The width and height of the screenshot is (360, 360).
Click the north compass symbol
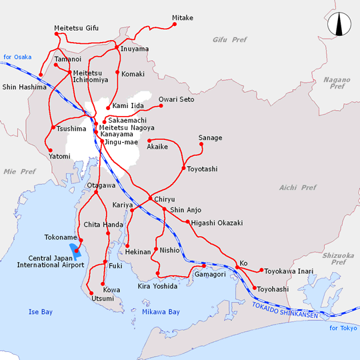(x=340, y=26)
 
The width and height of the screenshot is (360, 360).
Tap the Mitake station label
(x=183, y=17)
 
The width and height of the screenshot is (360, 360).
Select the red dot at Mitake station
(x=175, y=25)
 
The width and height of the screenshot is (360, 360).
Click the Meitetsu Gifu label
(x=76, y=29)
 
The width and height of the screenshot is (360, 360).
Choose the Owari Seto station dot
(x=161, y=106)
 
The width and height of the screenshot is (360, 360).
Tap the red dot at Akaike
(x=149, y=140)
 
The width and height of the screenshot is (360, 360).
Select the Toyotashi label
(x=203, y=169)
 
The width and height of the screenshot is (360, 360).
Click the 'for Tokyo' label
(x=343, y=328)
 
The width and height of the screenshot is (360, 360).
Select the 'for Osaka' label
(x=17, y=57)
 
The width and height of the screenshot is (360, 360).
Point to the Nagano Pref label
(x=337, y=83)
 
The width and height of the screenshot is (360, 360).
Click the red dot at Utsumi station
(x=91, y=291)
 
